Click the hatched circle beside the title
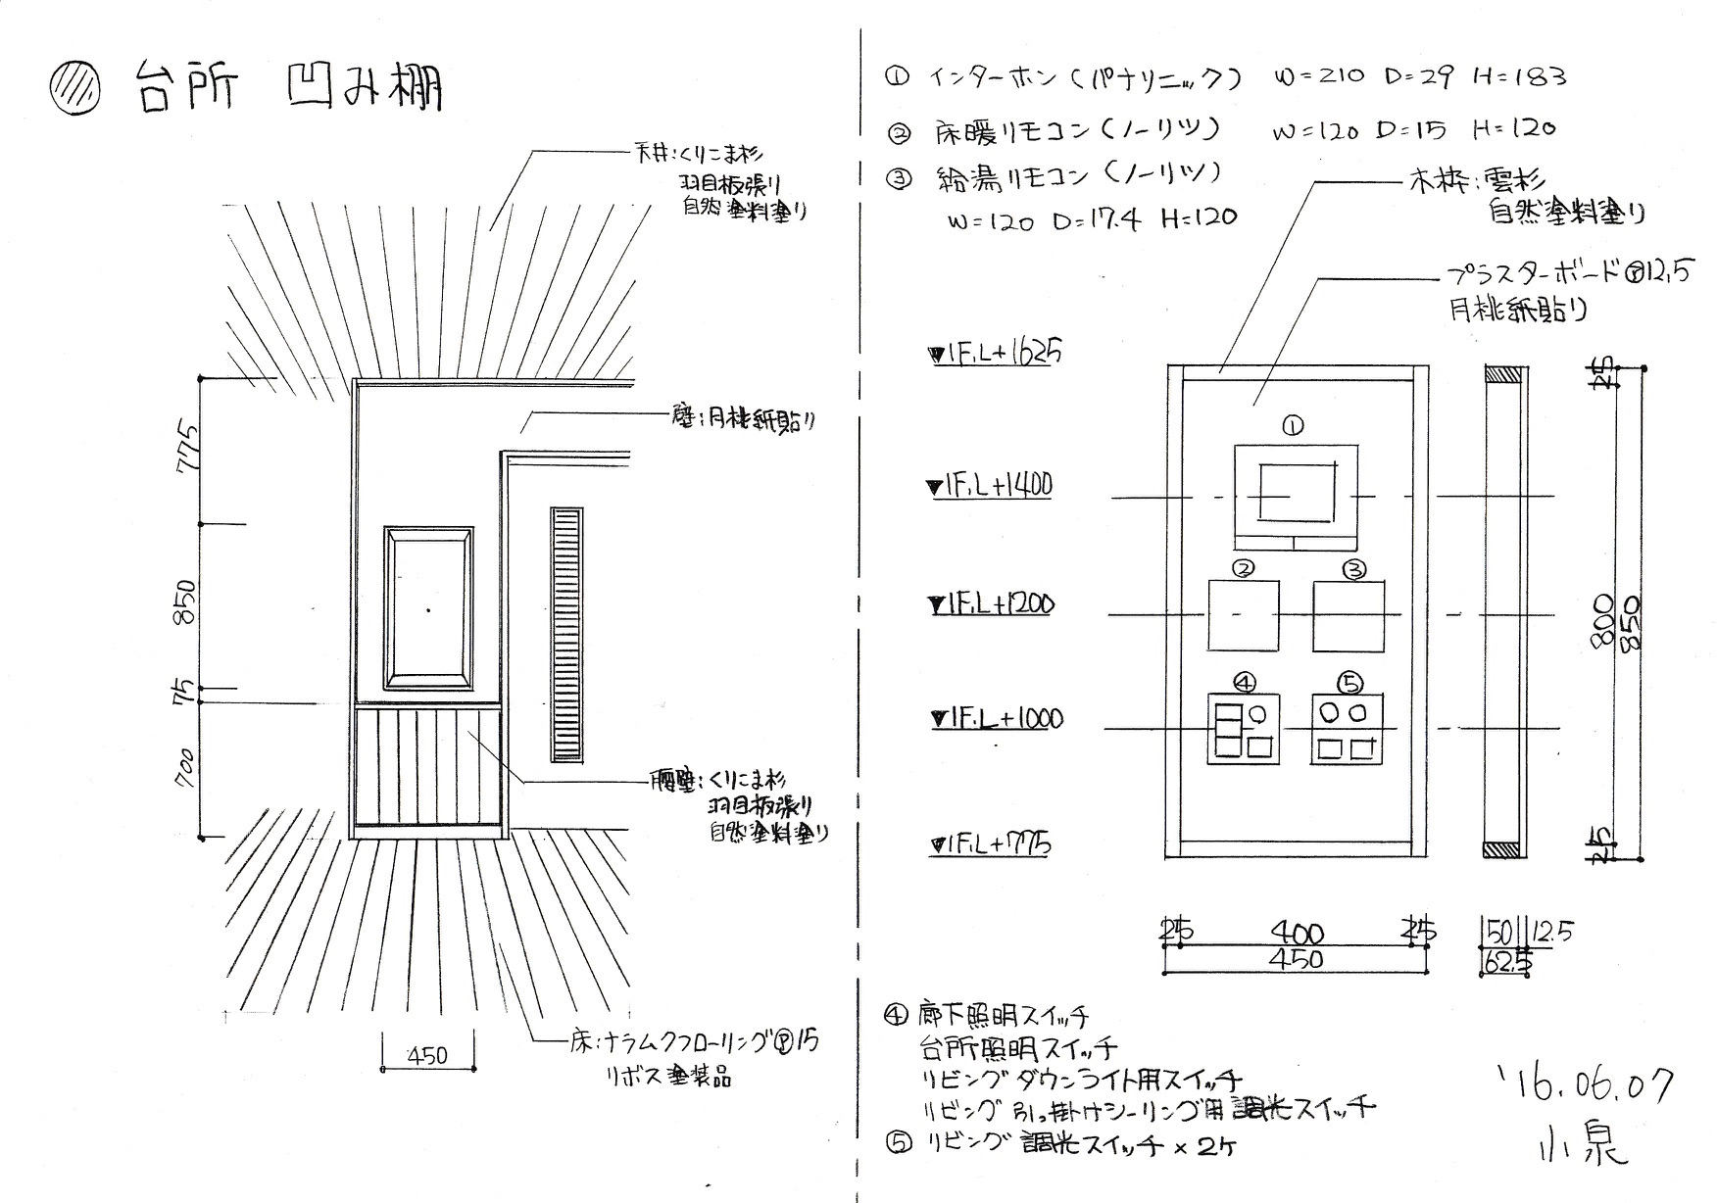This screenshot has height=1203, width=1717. pos(74,91)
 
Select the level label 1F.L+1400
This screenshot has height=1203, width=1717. pos(990,485)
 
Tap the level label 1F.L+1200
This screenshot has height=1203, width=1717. pos(992,604)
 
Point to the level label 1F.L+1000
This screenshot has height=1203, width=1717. pos(997,719)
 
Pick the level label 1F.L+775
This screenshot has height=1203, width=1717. pos(992,843)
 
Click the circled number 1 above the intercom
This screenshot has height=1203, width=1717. pos(1293,425)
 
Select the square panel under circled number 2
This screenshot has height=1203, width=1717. pos(1244,615)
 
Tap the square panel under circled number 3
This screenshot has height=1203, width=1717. pos(1349,615)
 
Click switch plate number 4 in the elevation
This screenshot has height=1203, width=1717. pos(1244,729)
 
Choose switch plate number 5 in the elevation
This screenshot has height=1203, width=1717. pos(1349,729)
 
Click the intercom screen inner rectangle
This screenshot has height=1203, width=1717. pos(1297,493)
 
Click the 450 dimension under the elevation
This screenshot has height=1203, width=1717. pos(1297,959)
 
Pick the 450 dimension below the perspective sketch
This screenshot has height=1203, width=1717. pos(426,1055)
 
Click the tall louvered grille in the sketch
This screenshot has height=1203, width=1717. pos(566,634)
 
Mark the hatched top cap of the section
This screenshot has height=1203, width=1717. pos(1503,373)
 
